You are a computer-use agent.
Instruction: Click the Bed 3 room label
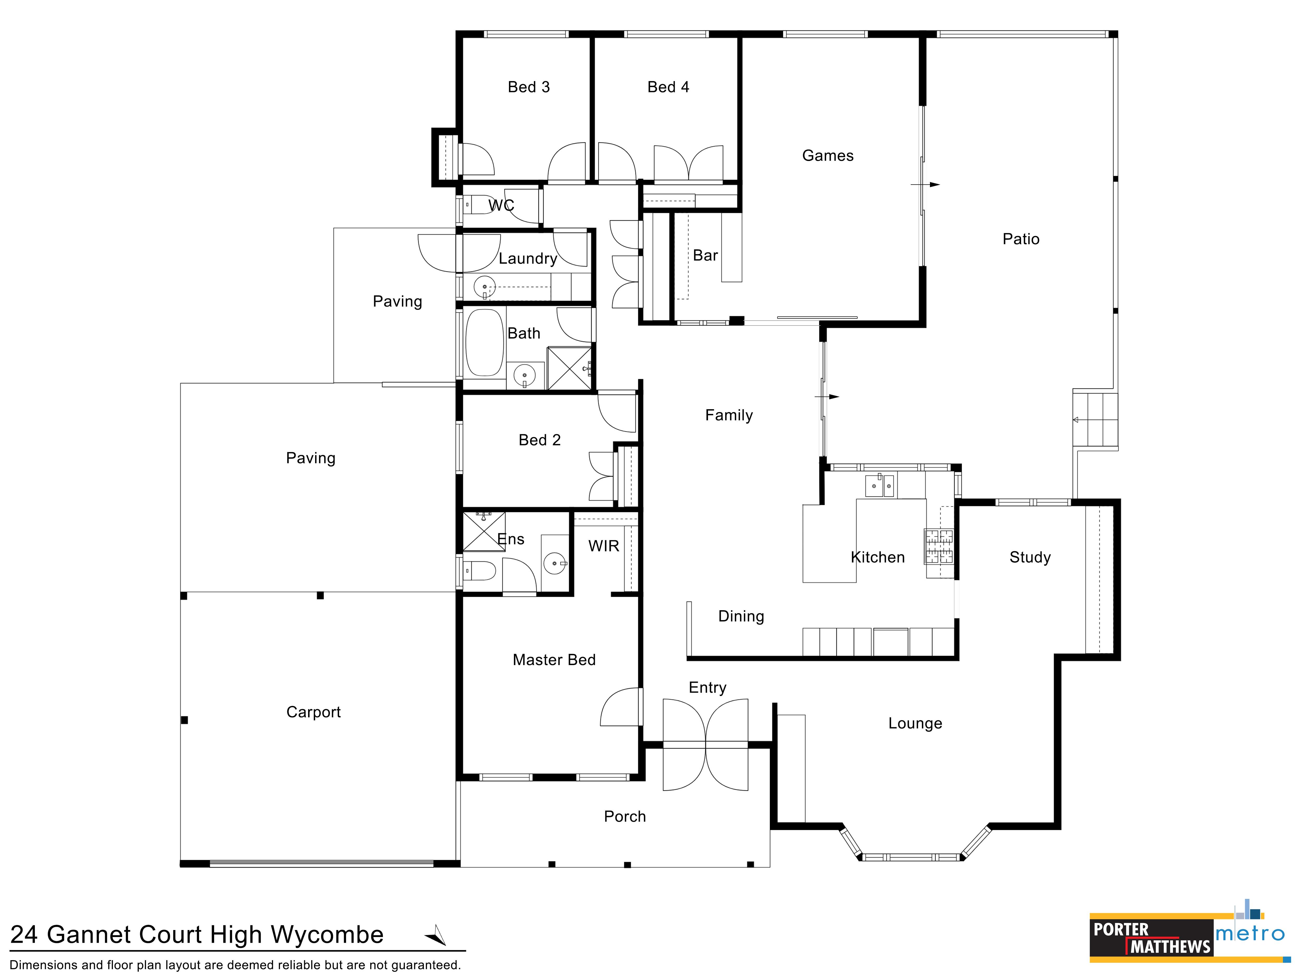point(529,87)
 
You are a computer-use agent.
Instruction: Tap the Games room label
point(827,156)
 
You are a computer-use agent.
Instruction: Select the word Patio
point(1021,239)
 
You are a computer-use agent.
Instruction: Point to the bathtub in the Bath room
point(485,343)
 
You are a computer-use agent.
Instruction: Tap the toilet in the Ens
point(479,570)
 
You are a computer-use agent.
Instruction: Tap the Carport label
point(314,712)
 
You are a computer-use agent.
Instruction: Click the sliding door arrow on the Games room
point(925,185)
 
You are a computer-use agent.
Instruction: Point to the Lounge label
point(915,724)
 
